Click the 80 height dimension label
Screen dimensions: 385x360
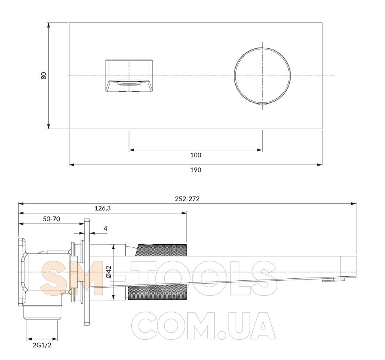tap(44, 76)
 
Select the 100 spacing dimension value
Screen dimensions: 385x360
tap(196, 155)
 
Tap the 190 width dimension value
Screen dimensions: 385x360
tap(196, 170)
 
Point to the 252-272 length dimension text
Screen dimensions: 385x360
tap(187, 199)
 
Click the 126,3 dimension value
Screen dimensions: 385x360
tap(103, 208)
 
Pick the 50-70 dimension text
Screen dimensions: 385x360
tap(52, 219)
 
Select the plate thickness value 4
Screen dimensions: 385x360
tap(106, 228)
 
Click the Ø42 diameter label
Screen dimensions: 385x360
tap(109, 272)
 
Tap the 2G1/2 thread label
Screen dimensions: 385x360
tap(42, 345)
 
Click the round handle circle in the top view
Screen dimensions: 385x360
tap(234, 76)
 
